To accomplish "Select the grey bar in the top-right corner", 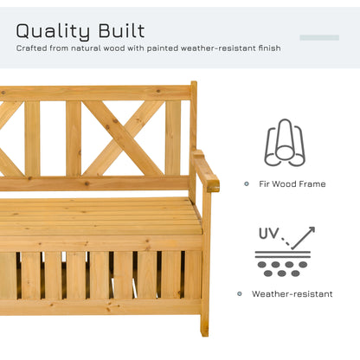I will pyautogui.click(x=318, y=37).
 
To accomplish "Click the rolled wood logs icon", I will pyautogui.click(x=284, y=142).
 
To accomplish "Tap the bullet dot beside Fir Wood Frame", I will pyautogui.click(x=247, y=183).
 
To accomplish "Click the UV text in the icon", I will pyautogui.click(x=268, y=233).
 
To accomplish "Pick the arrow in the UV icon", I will pyautogui.click(x=302, y=237).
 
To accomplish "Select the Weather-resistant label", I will pyautogui.click(x=292, y=293).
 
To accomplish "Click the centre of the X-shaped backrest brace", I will pyautogui.click(x=125, y=137).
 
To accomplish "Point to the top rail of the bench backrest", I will pyautogui.click(x=95, y=92).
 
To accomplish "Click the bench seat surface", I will pyautogui.click(x=95, y=216).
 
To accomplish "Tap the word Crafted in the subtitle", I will pyautogui.click(x=32, y=49).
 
